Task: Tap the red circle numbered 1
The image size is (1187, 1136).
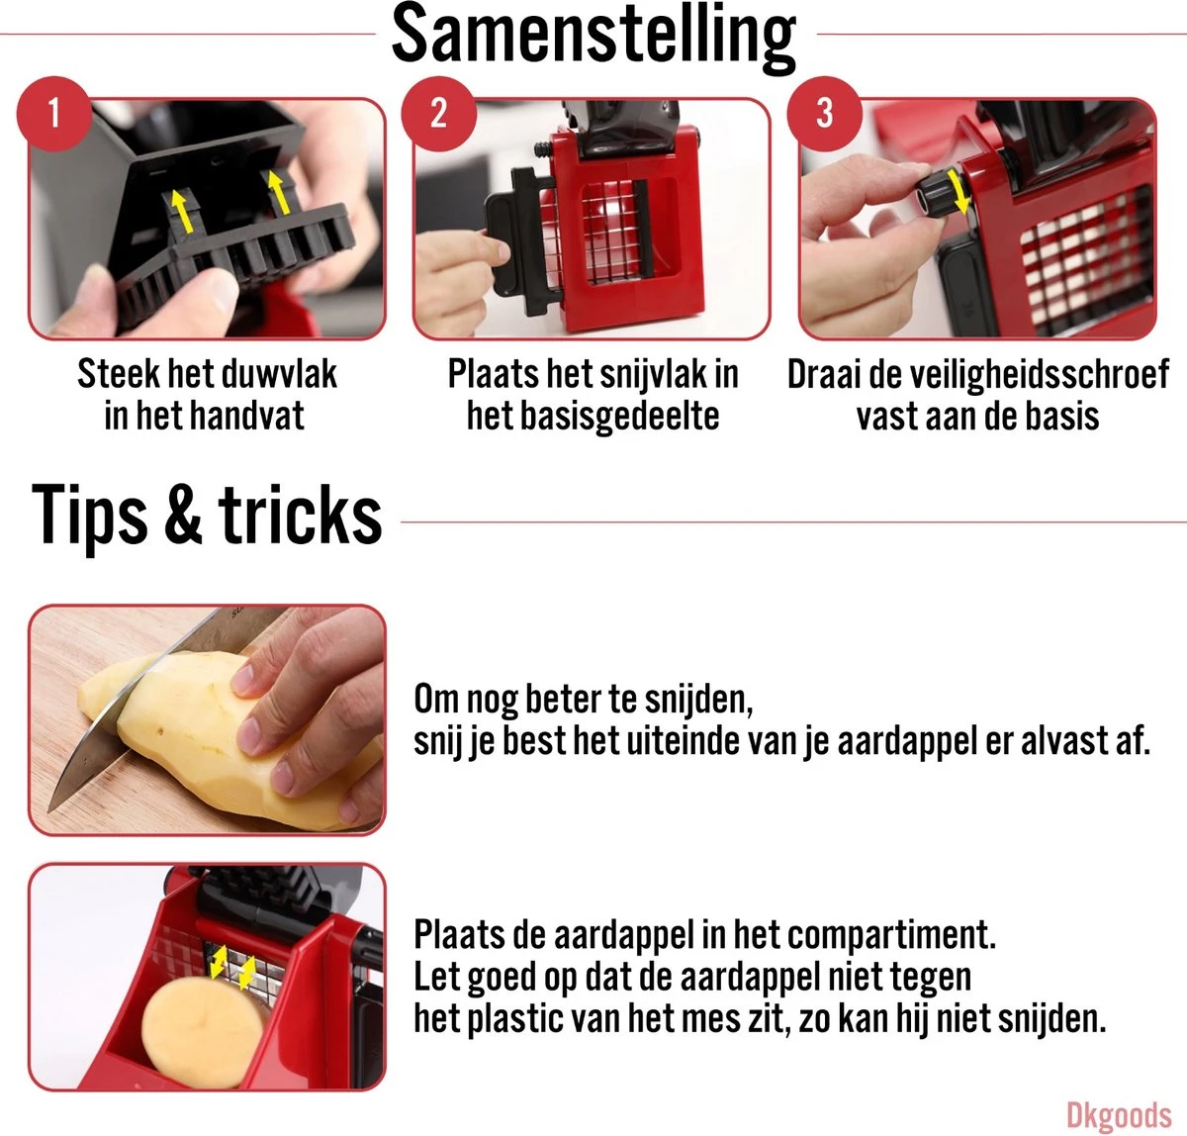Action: [x=54, y=114]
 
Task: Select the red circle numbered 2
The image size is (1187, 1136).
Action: [x=438, y=114]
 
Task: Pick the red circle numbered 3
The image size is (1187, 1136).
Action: [x=825, y=114]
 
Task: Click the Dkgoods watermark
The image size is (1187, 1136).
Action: [x=1119, y=1115]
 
